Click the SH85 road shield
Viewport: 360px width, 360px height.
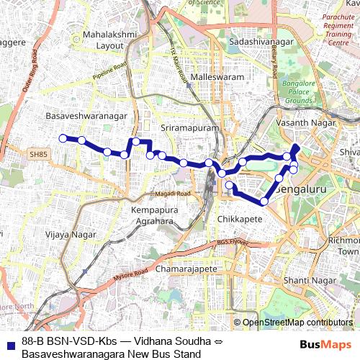38,154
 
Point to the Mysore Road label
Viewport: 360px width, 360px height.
130,274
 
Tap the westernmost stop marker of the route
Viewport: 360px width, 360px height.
63,138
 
